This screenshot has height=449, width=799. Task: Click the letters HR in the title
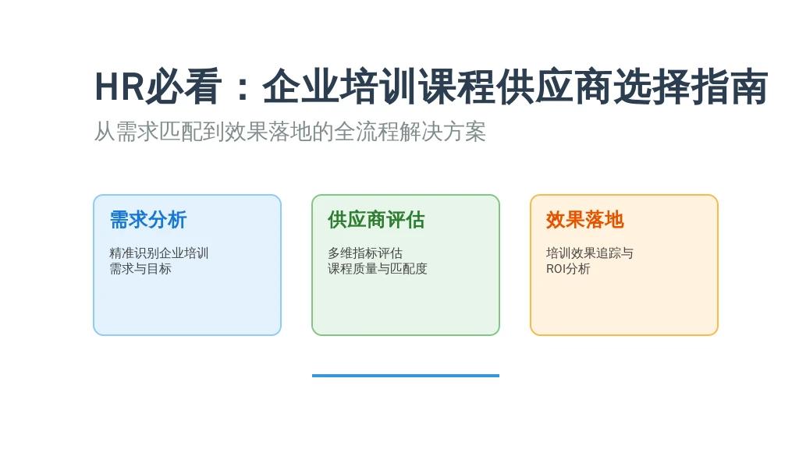[x=119, y=87]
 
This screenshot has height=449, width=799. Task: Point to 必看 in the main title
[x=184, y=87]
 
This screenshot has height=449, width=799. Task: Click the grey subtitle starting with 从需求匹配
[x=290, y=132]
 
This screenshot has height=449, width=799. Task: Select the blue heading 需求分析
[x=148, y=220]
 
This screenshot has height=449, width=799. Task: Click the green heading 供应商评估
[x=376, y=220]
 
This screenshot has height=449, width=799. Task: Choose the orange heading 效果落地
[x=585, y=220]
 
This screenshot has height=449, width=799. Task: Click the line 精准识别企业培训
[x=159, y=253]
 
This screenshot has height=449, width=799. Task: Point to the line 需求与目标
[x=140, y=269]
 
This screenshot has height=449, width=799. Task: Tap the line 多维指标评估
[x=365, y=253]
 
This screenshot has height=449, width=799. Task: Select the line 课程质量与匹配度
[x=378, y=269]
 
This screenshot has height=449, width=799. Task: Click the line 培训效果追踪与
[x=590, y=253]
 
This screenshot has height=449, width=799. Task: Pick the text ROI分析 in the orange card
[x=568, y=269]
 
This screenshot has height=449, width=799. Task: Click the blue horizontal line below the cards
[x=406, y=376]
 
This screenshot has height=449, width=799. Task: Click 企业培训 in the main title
[x=339, y=87]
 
